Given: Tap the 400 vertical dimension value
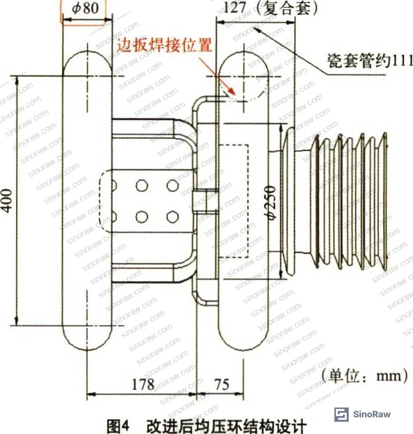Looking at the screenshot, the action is (x=7, y=201).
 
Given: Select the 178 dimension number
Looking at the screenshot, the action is (x=143, y=384).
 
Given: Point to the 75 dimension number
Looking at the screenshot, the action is (x=222, y=384).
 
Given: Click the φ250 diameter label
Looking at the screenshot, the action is (x=270, y=203).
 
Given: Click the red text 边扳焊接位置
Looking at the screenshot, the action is (x=164, y=44).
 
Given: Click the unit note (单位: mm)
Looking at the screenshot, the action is (x=365, y=376).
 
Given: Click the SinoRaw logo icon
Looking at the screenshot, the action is (x=341, y=414).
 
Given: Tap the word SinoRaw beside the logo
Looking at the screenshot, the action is (x=372, y=414).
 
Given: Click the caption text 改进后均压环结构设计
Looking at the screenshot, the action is (x=227, y=426).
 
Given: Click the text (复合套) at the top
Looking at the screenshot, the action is (x=286, y=8).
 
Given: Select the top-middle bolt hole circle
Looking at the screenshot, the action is (x=142, y=185).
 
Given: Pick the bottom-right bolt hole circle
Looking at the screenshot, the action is (x=172, y=217).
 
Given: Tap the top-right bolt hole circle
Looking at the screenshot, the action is (x=172, y=185).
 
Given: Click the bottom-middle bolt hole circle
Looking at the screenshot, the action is (x=142, y=217).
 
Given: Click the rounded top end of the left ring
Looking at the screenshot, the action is (x=87, y=52).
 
